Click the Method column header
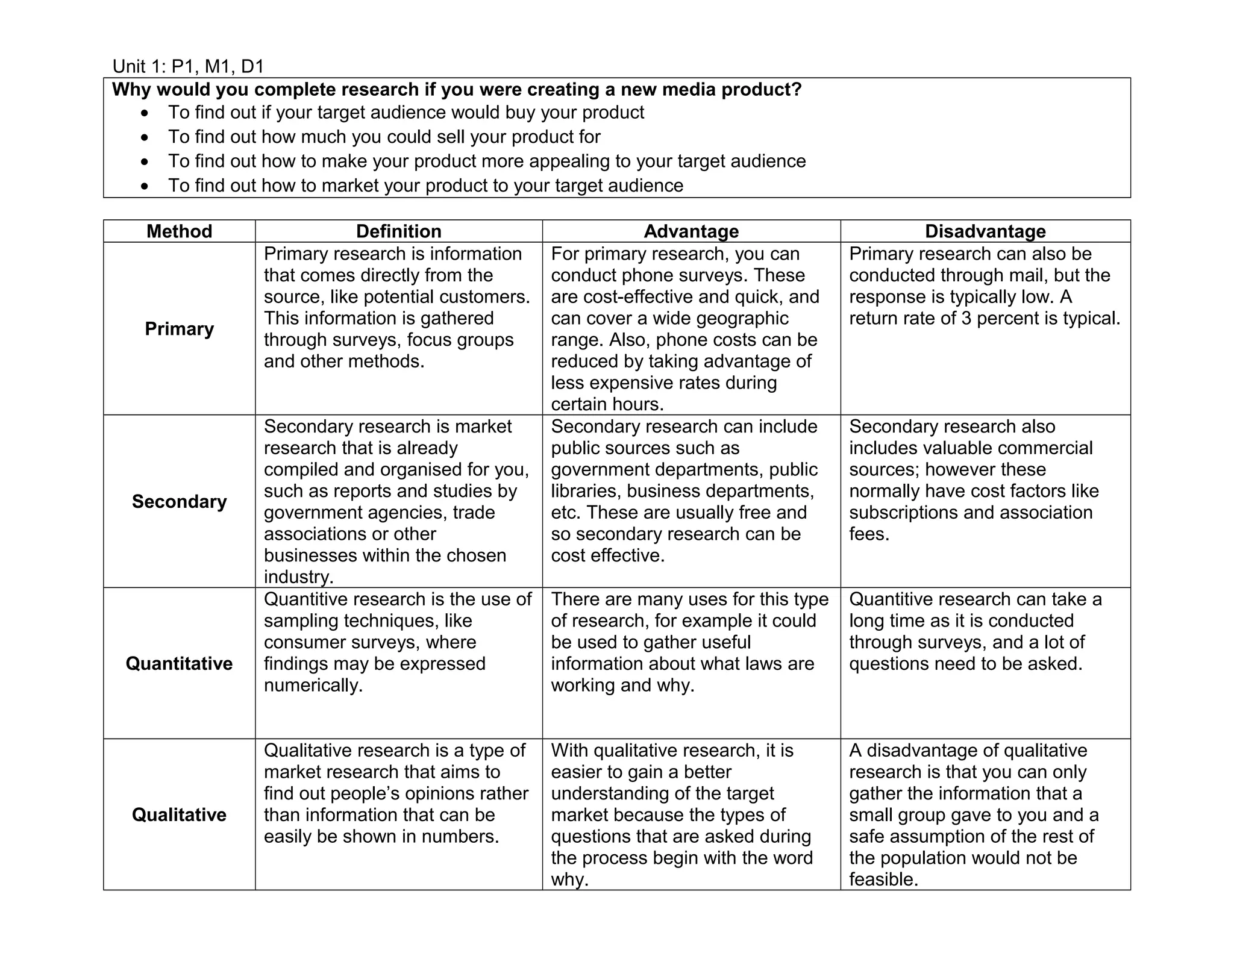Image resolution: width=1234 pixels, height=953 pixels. click(179, 231)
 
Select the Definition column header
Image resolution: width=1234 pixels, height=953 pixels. click(398, 231)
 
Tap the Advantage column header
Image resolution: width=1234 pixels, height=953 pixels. click(691, 231)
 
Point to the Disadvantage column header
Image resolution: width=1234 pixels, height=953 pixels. click(985, 231)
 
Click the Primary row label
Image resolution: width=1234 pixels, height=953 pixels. click(179, 329)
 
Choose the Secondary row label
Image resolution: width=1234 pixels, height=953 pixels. click(179, 501)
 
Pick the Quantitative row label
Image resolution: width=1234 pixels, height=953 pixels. click(179, 663)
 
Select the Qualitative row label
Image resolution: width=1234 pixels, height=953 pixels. click(179, 814)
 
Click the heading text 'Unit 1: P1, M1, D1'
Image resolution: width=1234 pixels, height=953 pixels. click(188, 66)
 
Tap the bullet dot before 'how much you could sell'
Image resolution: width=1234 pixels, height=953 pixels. click(144, 138)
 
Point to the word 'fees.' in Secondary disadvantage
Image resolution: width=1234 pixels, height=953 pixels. click(869, 534)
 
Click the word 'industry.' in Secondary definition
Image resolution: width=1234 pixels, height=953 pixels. click(298, 577)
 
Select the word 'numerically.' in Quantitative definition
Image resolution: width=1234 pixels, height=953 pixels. click(313, 685)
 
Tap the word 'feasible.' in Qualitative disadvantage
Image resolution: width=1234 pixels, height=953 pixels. click(883, 880)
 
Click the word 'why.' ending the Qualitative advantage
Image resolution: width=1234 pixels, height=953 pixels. click(569, 880)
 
